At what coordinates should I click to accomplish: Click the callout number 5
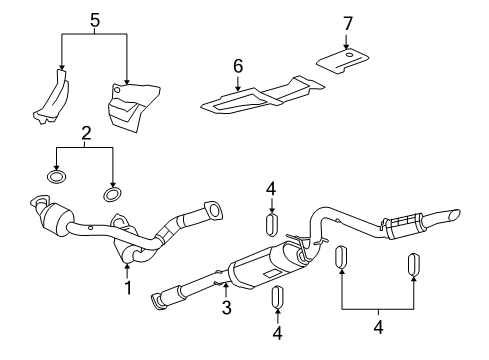point(95,20)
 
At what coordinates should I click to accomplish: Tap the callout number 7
point(348,24)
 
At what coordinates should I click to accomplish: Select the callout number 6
point(238,66)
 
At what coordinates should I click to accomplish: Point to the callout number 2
point(86,133)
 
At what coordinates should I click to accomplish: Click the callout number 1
point(128,288)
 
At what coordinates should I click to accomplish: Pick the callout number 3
point(227,307)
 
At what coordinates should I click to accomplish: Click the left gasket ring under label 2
point(56,176)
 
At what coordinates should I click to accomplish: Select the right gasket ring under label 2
point(112,195)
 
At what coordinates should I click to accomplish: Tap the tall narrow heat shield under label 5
point(52,97)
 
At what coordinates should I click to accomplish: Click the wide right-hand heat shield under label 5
point(133,107)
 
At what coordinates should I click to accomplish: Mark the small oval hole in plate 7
point(349,55)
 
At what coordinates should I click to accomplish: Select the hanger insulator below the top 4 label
point(272,224)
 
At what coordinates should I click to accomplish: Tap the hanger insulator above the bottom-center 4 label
point(278,297)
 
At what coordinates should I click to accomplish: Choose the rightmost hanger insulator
point(414,265)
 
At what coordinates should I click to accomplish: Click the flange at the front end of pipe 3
point(159,302)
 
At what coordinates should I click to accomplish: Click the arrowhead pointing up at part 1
point(127,266)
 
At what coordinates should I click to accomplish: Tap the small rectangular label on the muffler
point(271,273)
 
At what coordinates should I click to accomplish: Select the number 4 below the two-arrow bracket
point(378,327)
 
